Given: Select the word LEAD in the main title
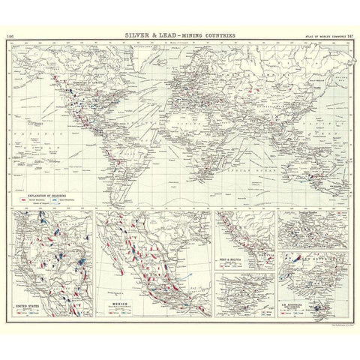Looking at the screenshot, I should pyautogui.click(x=169, y=34).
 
